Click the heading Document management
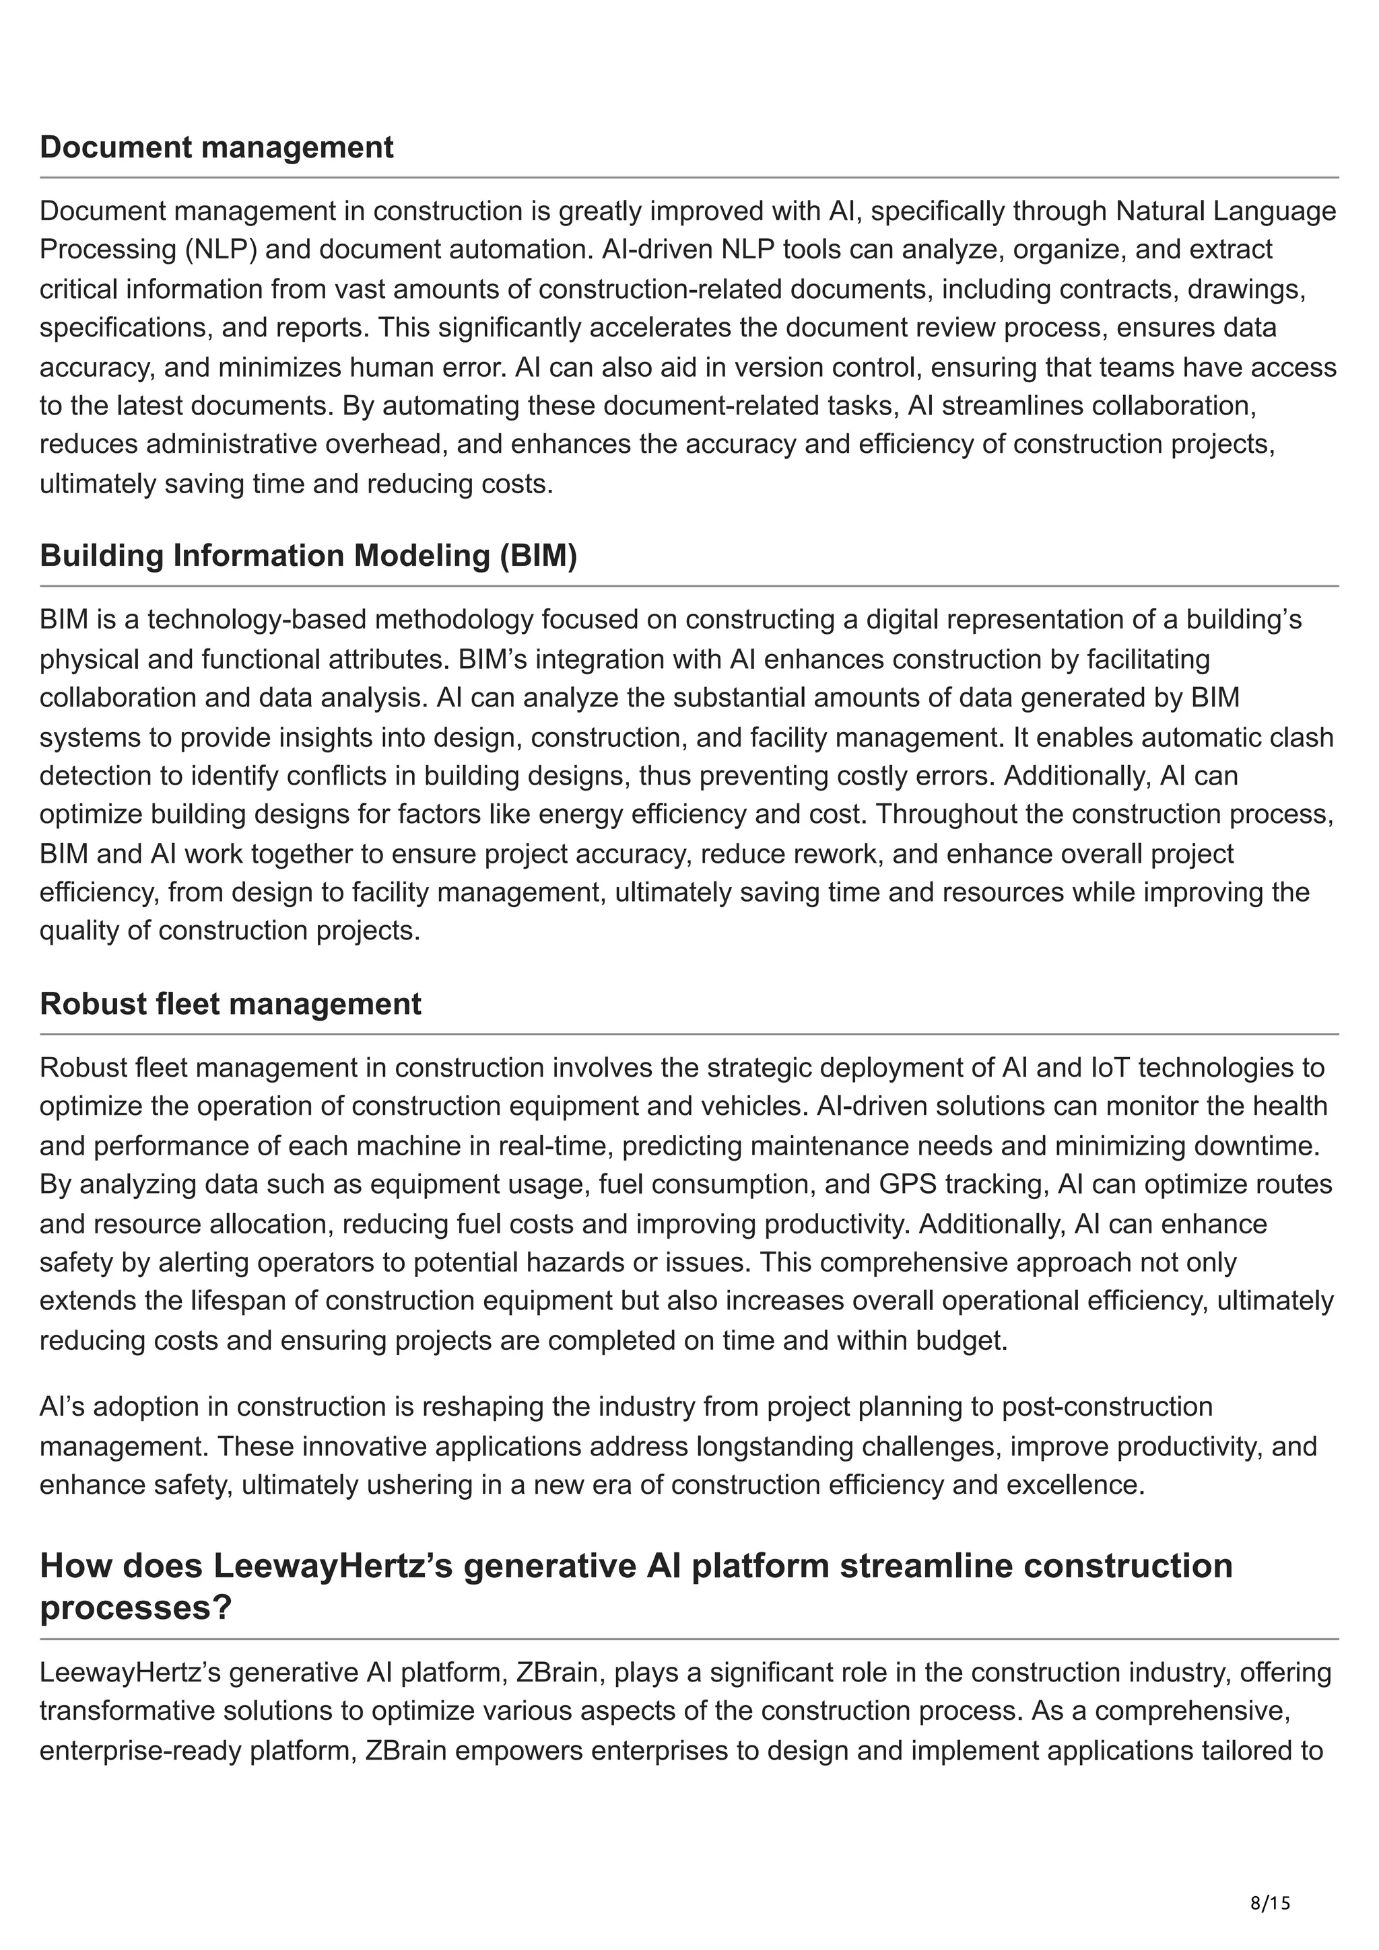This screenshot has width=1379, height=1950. pyautogui.click(x=217, y=147)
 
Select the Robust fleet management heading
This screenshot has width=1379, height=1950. pyautogui.click(x=230, y=1004)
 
